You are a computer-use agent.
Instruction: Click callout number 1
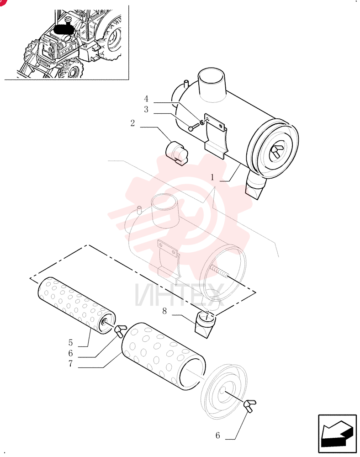pos(212,177)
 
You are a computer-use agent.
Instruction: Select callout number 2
pos(132,123)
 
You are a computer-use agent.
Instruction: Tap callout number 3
pos(146,109)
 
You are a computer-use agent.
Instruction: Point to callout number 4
pos(146,99)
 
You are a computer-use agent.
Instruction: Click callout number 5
pos(70,342)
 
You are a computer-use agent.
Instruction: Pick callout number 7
pos(70,363)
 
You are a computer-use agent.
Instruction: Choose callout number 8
pos(164,311)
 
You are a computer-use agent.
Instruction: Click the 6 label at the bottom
pos(217,436)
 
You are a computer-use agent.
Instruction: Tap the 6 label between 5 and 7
pos(70,353)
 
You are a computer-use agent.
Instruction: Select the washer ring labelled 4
pos(202,121)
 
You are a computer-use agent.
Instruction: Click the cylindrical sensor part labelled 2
pos(177,153)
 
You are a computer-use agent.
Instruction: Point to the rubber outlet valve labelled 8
pos(205,324)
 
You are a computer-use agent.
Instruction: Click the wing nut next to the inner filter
pos(121,330)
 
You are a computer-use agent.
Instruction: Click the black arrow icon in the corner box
pos(337,433)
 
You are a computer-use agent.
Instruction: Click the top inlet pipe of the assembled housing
pos(212,85)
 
